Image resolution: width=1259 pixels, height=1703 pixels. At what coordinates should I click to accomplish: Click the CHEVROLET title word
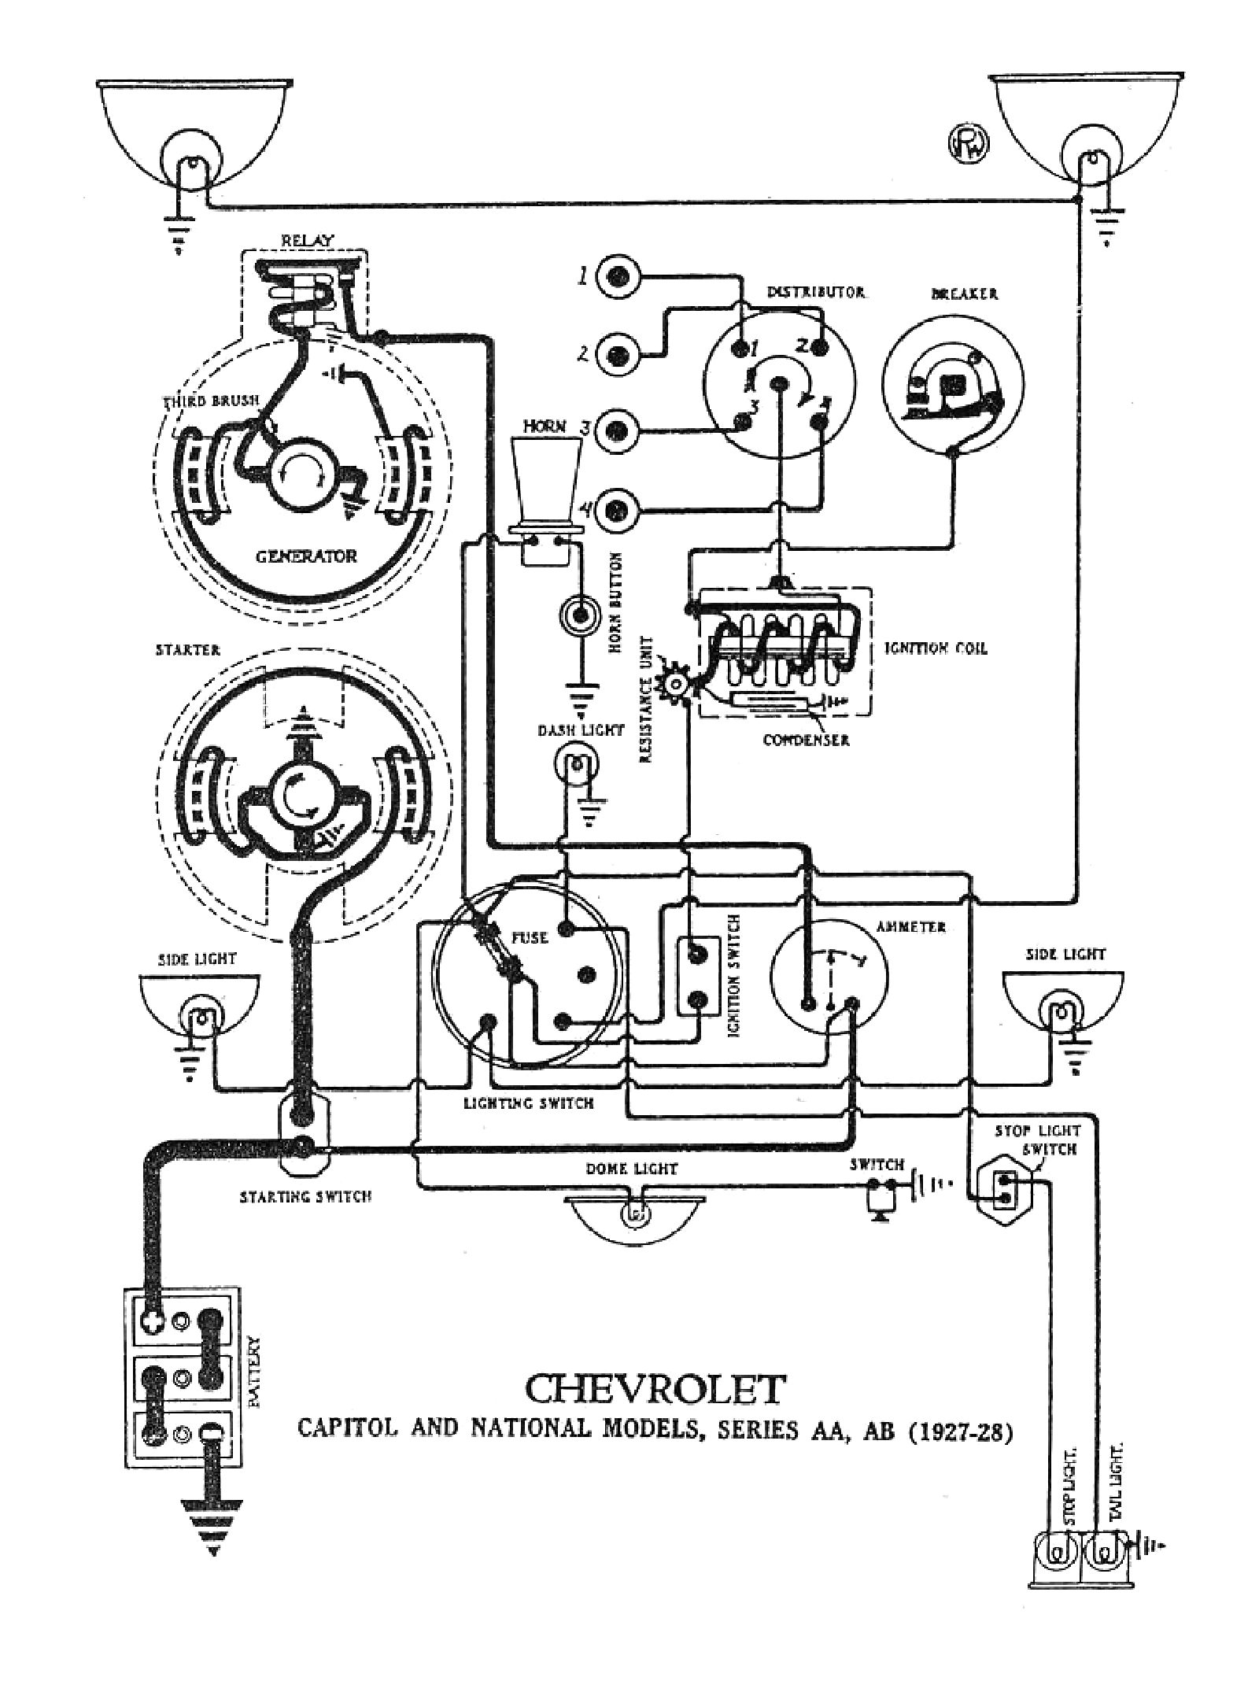655,1389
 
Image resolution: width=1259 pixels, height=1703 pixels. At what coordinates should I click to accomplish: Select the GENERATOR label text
306,556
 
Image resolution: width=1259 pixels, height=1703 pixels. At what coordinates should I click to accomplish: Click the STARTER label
188,651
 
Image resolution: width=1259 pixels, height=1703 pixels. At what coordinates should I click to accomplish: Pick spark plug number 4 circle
618,509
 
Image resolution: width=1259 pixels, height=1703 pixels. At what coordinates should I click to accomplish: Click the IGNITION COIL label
936,648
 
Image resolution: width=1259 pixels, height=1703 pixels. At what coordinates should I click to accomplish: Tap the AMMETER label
910,927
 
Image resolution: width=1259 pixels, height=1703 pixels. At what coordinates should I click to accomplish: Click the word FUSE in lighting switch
530,938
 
